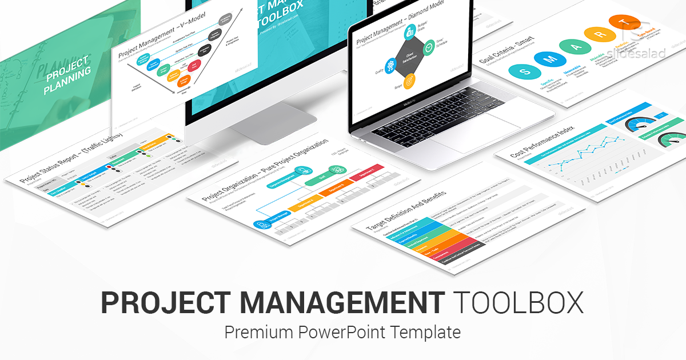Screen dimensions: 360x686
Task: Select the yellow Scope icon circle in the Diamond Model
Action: click(x=409, y=82)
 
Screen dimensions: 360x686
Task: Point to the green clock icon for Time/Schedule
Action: click(x=429, y=50)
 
